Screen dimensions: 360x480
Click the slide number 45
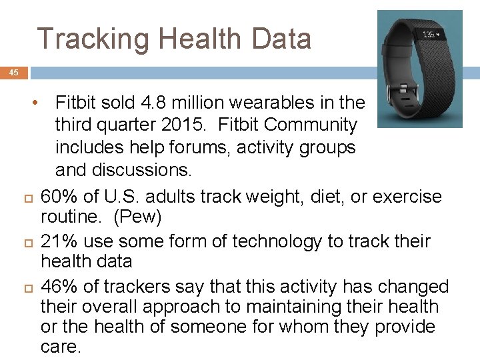[x=14, y=73]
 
